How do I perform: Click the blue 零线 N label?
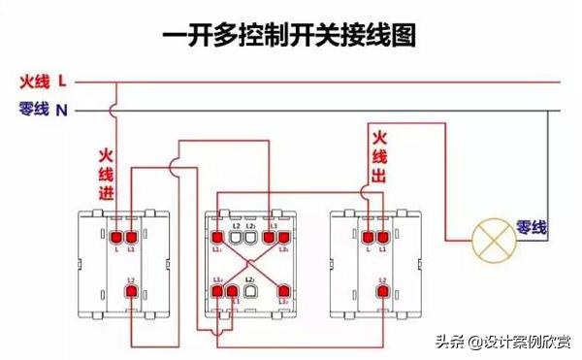pyautogui.click(x=43, y=110)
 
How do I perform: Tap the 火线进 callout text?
pyautogui.click(x=106, y=176)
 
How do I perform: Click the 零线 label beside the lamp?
pyautogui.click(x=531, y=228)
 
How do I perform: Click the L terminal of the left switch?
pyautogui.click(x=115, y=236)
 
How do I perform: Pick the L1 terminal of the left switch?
pyautogui.click(x=131, y=236)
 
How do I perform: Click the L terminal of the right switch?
pyautogui.click(x=367, y=236)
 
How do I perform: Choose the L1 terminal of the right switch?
pyautogui.click(x=382, y=236)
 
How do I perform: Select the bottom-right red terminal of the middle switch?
pyautogui.click(x=283, y=289)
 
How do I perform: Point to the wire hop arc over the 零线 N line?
pyautogui.click(x=115, y=110)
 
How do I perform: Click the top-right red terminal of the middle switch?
pyautogui.click(x=283, y=237)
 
